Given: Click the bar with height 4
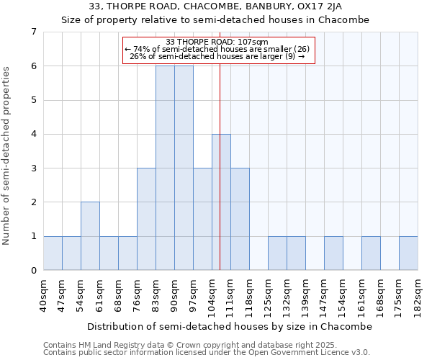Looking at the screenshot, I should point(221,202).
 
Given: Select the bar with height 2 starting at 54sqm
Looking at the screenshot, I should point(90,236).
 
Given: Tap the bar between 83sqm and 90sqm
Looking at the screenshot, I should point(165,168).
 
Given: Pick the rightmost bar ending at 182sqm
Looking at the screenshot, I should point(408,253).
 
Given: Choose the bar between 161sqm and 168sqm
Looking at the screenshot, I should point(371,253).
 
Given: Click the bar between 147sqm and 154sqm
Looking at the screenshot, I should point(333,253).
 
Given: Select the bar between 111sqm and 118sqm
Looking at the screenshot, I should point(240,219).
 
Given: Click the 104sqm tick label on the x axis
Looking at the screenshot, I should point(212,294).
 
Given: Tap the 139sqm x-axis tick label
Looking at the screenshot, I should point(306,294).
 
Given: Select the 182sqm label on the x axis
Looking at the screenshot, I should point(418,294).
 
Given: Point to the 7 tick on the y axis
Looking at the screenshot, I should point(33,32).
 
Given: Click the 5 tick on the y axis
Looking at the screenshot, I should point(33,100).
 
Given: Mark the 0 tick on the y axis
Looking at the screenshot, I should point(33,271).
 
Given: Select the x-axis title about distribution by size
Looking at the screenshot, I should point(230,326).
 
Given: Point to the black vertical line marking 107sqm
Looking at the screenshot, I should point(219,180).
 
